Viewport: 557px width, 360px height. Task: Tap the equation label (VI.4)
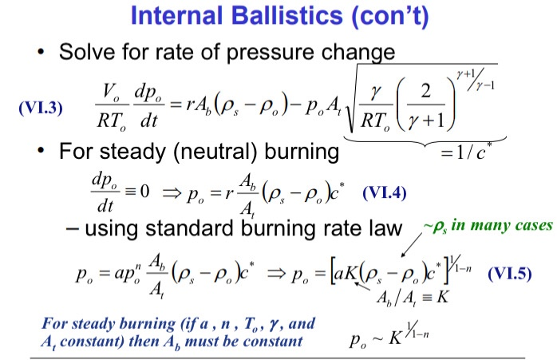[386, 192]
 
